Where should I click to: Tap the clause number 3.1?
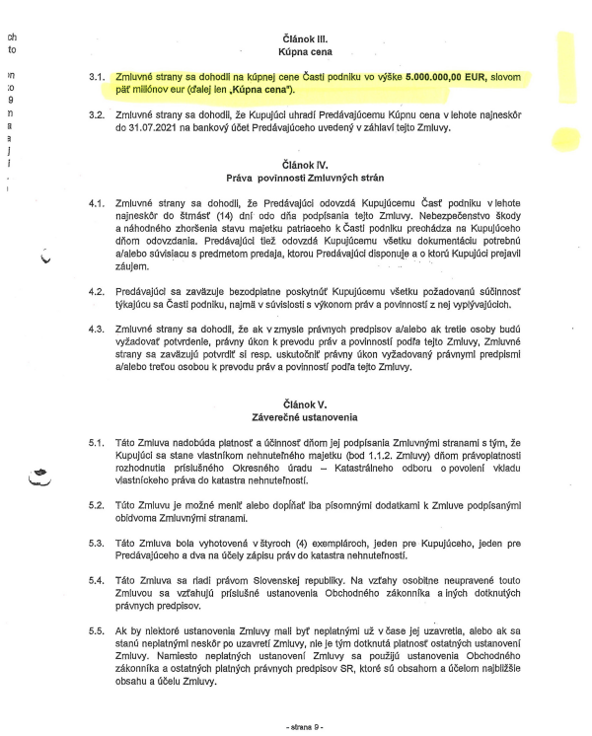coord(96,76)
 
